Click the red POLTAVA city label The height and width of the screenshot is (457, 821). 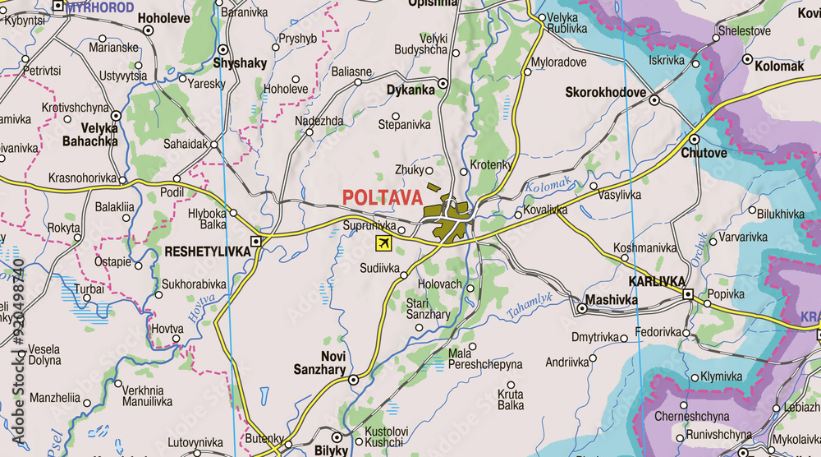382,197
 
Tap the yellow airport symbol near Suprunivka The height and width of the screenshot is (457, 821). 383,242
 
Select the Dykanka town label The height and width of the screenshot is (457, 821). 410,90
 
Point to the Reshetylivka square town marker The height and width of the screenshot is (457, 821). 256,242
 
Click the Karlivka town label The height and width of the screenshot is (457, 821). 657,281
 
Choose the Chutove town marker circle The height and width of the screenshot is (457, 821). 694,139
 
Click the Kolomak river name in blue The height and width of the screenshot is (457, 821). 548,186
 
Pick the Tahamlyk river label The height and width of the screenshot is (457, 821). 530,303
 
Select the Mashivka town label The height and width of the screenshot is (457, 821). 611,300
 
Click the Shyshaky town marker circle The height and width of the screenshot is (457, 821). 223,48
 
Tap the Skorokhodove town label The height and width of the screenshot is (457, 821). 606,92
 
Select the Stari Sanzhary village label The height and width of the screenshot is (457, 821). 428,308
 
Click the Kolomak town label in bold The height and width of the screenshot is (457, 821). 779,66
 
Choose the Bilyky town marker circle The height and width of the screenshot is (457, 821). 337,438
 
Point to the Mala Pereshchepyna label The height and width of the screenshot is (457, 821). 484,358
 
